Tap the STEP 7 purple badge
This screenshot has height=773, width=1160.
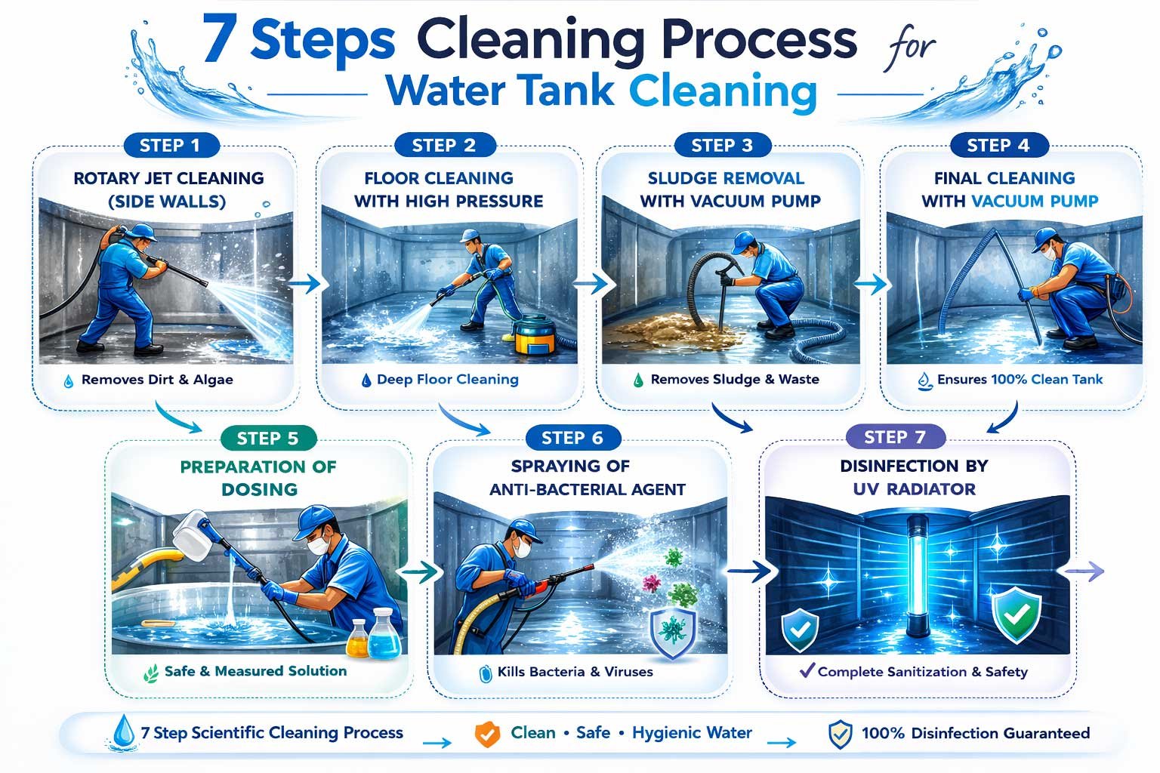click(894, 437)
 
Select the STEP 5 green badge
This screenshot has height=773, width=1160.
click(267, 439)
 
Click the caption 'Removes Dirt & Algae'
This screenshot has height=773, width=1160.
click(157, 380)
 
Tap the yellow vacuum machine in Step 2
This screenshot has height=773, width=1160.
click(537, 334)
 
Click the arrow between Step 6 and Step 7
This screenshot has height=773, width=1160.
click(750, 571)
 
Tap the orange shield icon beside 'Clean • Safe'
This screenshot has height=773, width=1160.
click(487, 734)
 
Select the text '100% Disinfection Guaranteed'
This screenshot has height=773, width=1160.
click(975, 733)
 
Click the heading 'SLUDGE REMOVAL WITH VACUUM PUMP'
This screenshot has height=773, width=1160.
click(726, 189)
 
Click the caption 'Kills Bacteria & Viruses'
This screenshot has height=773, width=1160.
click(575, 671)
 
